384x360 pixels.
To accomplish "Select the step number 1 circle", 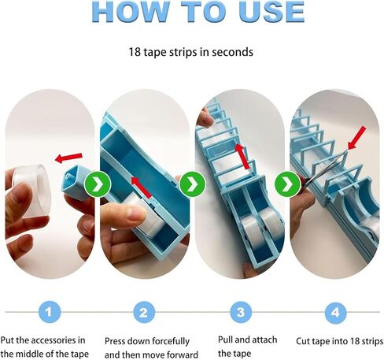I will tap(48, 312).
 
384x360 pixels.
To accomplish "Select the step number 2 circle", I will tap(143, 312).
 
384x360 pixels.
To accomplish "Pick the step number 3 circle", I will tap(240, 312).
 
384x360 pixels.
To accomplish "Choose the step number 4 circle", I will tap(335, 312).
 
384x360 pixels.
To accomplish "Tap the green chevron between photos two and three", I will tap(190, 185).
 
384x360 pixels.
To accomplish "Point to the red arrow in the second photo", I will tap(142, 186).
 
